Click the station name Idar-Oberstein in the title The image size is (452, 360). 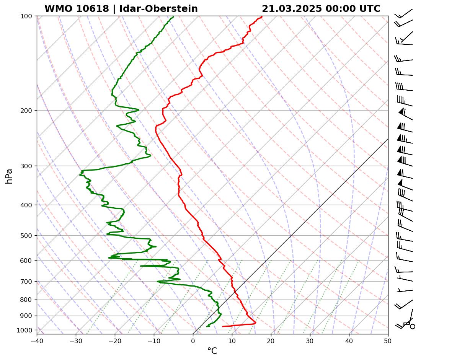point(158,9)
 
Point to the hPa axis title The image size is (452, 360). point(9,176)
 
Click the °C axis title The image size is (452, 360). point(212,351)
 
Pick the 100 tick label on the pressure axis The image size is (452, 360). point(27,16)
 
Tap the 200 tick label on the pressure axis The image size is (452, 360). point(27,111)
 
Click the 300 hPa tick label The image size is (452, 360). point(27,166)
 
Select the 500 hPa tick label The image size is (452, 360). point(27,236)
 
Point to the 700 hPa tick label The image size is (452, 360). point(27,282)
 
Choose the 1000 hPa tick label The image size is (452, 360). point(26,330)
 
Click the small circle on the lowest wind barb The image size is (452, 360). point(412,326)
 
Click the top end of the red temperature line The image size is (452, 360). point(262,16)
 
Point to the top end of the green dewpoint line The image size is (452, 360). point(173,16)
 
